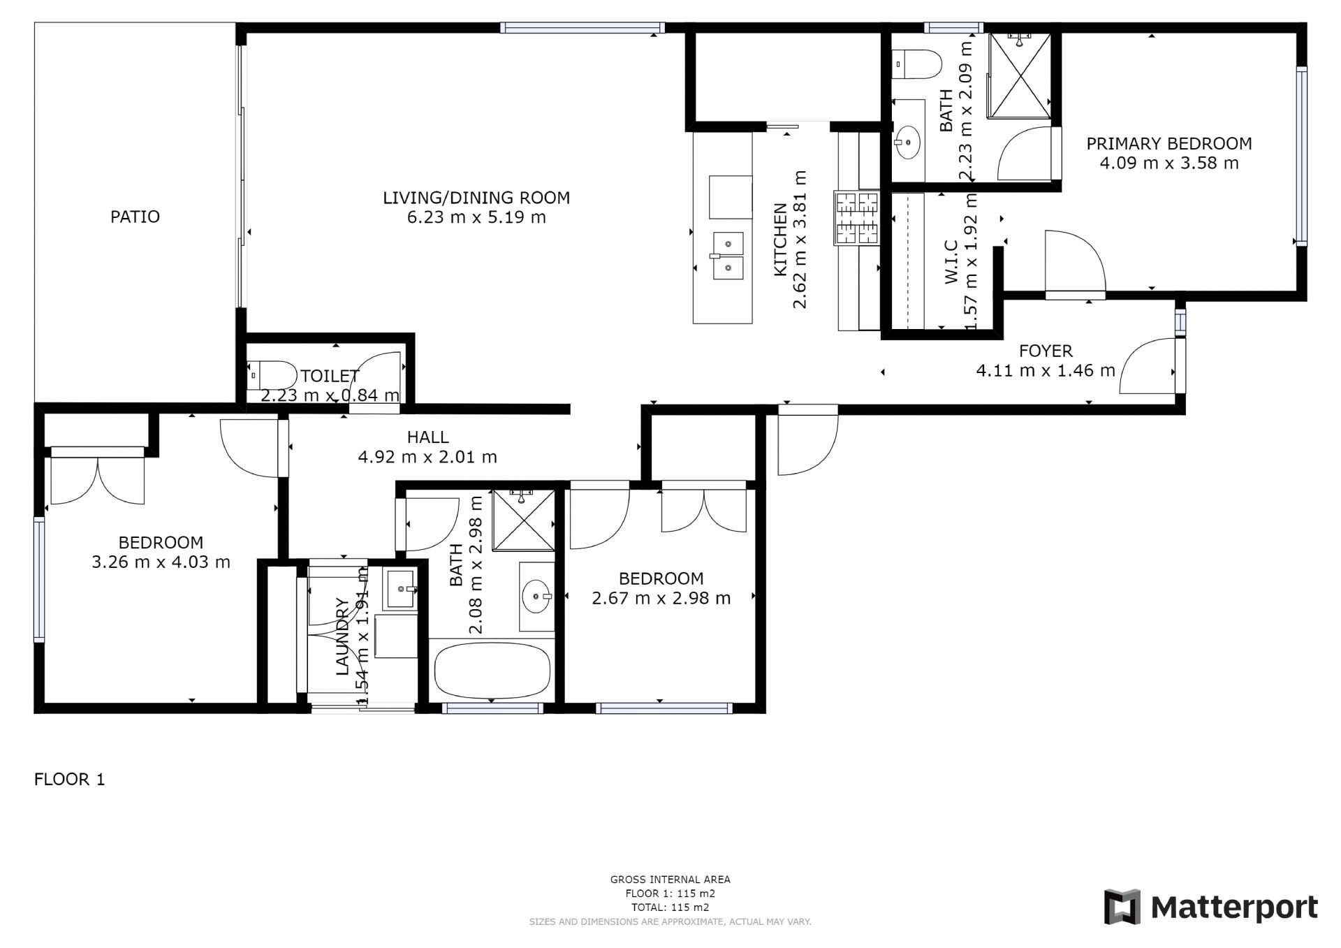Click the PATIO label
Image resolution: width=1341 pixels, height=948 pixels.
(135, 217)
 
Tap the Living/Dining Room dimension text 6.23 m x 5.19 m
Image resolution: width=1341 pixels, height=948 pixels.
(476, 217)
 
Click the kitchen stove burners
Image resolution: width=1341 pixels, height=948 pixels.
(856, 218)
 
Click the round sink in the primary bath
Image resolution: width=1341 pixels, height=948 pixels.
(907, 143)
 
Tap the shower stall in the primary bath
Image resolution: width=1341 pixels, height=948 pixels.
(1020, 74)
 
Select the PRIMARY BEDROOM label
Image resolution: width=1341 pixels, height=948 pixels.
(1168, 144)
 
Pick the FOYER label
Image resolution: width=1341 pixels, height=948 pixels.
(1045, 351)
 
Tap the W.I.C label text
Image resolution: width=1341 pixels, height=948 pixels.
(951, 262)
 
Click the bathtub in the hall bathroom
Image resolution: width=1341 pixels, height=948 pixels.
(492, 669)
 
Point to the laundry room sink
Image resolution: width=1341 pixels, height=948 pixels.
(401, 590)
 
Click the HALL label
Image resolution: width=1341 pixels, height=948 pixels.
(427, 437)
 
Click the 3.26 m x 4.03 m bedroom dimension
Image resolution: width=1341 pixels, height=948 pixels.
(161, 562)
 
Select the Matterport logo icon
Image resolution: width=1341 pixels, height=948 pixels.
(1122, 907)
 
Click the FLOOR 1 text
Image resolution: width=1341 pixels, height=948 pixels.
(69, 780)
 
